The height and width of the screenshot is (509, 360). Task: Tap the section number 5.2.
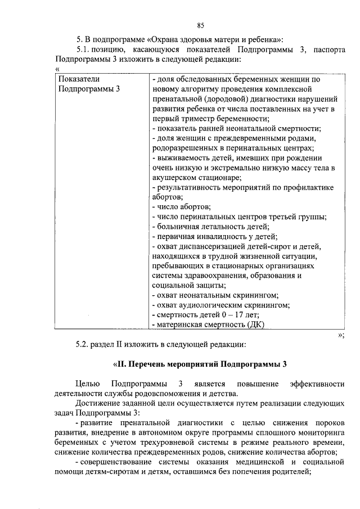[x=85, y=344]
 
